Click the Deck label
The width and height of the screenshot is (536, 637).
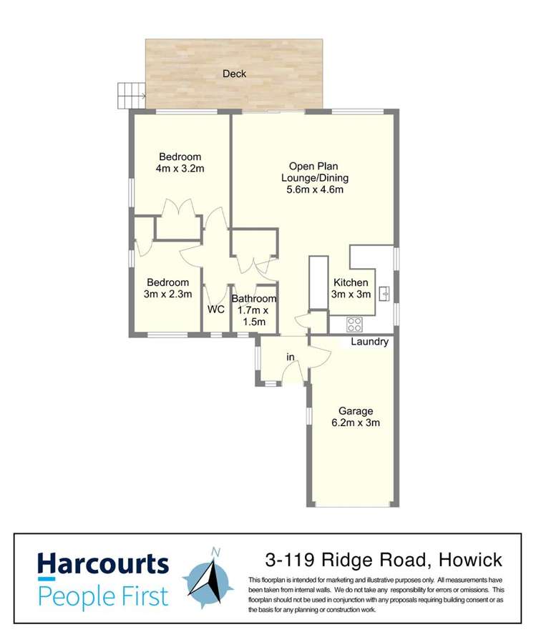click(234, 74)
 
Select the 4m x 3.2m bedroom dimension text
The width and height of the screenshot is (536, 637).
click(180, 169)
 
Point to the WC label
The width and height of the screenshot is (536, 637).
click(216, 310)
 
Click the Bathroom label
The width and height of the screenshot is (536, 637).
click(253, 299)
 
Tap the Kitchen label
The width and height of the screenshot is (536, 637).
click(350, 282)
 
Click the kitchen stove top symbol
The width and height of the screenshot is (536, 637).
click(354, 324)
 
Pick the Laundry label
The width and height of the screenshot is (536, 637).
click(369, 342)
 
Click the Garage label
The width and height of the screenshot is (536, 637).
click(356, 411)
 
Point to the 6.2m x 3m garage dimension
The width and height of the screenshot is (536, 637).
click(356, 423)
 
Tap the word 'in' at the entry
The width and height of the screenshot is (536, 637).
click(291, 357)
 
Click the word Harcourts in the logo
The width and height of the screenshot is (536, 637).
click(103, 564)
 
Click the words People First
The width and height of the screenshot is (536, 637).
click(103, 595)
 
